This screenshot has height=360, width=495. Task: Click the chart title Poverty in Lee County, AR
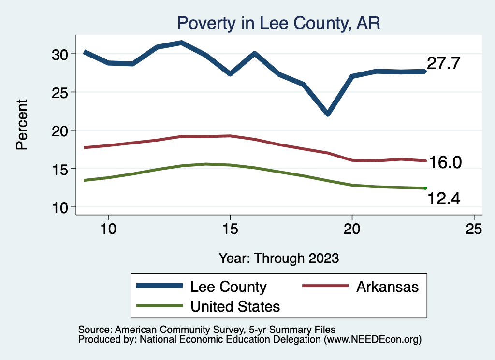coord(279,23)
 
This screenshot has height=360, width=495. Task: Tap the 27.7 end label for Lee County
coord(443,63)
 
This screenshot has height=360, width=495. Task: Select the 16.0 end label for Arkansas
coord(446,163)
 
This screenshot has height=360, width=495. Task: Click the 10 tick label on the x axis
coord(108,229)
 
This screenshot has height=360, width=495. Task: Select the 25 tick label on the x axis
coord(474,229)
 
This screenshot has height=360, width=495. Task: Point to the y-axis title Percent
coord(22,124)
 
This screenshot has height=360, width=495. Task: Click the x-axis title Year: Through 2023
coord(279,258)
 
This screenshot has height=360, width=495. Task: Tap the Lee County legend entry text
coord(228,287)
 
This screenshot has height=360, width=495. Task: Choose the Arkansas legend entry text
coord(387,287)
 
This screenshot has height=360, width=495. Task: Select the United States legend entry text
coord(235,306)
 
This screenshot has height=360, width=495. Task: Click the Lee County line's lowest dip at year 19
coord(328,114)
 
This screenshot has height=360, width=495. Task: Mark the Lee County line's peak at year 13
coord(181,43)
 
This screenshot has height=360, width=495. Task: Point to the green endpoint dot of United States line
coord(425,188)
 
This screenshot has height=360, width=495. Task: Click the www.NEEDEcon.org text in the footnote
coord(372,340)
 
